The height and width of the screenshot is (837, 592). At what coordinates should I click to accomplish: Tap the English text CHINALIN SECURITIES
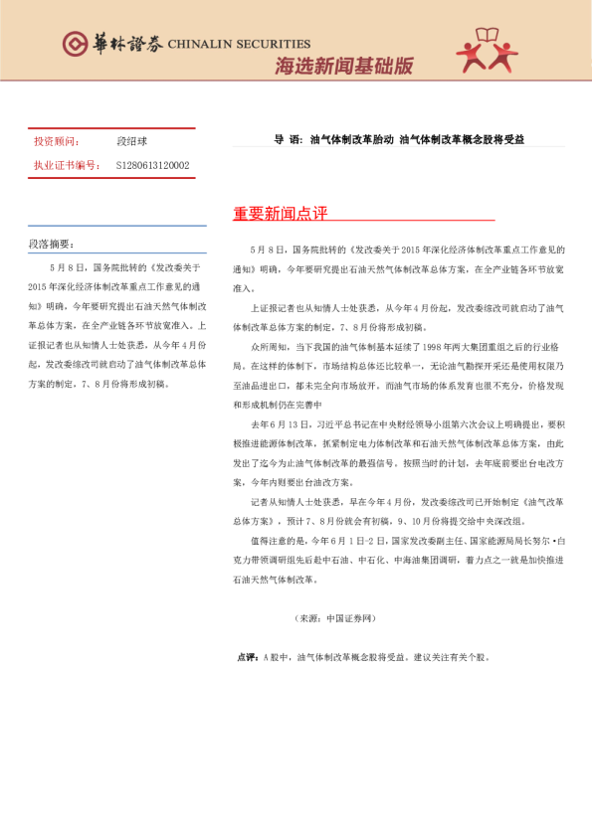(x=239, y=44)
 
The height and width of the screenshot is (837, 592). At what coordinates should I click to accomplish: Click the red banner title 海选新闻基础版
(x=343, y=67)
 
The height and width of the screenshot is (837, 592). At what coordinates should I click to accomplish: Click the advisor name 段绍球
(x=131, y=141)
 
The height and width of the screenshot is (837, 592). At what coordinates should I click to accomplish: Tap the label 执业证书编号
(x=66, y=165)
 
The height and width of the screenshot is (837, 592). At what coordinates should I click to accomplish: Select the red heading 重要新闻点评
(x=280, y=214)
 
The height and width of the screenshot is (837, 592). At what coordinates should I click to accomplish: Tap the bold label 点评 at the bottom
(x=246, y=658)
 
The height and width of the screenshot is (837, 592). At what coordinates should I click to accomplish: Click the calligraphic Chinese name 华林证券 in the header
(x=127, y=43)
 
